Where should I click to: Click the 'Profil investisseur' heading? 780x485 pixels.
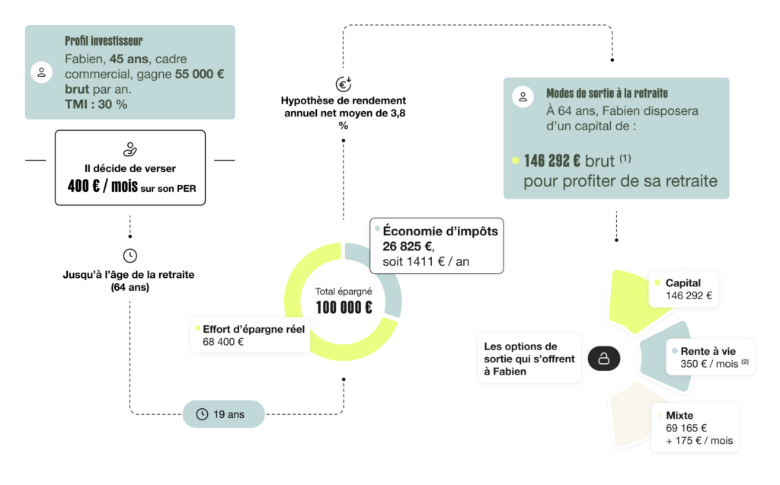(104, 41)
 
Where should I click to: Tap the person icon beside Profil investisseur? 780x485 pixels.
(40, 73)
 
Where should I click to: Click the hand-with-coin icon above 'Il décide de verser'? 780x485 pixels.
(129, 149)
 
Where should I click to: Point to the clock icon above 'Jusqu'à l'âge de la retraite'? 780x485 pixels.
(129, 256)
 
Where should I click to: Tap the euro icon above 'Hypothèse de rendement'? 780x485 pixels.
(343, 84)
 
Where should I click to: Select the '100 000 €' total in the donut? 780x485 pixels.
(344, 308)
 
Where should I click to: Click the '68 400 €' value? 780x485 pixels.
(223, 343)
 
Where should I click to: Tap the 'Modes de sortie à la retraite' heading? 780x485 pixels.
(607, 94)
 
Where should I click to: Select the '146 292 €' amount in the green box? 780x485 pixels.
(552, 161)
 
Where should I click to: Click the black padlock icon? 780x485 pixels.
(603, 359)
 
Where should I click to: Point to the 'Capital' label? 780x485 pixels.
(682, 282)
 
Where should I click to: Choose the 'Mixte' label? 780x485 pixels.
(679, 416)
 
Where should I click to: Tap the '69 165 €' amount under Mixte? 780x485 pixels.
(686, 428)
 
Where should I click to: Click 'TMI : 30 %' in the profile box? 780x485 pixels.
(96, 104)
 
